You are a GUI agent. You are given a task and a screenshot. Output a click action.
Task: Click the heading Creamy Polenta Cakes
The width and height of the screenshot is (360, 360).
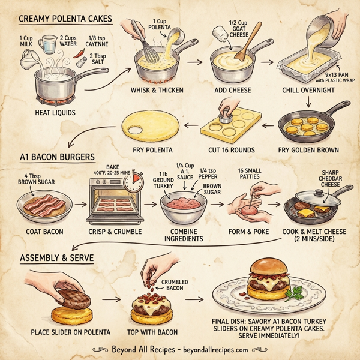tap(66, 19)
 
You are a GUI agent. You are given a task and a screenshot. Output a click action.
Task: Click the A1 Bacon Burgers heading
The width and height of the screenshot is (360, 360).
tap(57, 157)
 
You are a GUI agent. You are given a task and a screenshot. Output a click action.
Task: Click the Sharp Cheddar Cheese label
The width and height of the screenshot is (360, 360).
tap(329, 178)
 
